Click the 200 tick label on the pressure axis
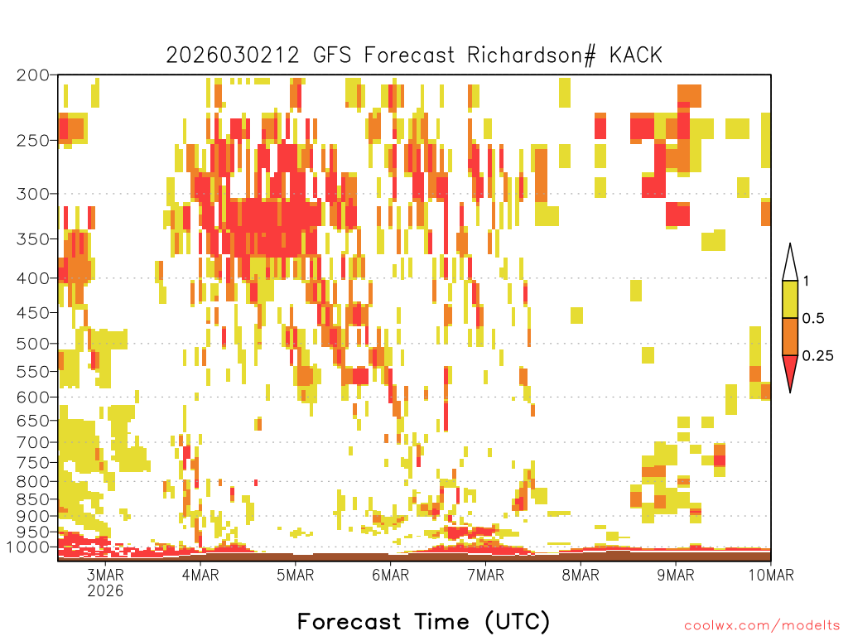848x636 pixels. (32, 75)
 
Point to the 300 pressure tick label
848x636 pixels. (32, 194)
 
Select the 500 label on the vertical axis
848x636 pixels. (32, 344)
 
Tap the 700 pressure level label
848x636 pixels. (32, 442)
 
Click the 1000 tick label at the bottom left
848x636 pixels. (28, 547)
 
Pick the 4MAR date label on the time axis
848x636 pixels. (200, 575)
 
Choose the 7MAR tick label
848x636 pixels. (485, 575)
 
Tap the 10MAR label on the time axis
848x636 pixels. (771, 575)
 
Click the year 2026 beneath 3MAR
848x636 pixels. (105, 591)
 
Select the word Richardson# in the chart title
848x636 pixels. (532, 55)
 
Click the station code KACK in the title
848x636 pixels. (635, 55)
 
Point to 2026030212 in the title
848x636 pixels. (233, 55)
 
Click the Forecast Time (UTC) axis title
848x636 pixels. (423, 622)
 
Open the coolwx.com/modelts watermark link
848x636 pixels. (762, 626)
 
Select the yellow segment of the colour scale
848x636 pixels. (790, 299)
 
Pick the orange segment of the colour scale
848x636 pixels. (790, 336)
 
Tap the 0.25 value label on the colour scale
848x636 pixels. (817, 356)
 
